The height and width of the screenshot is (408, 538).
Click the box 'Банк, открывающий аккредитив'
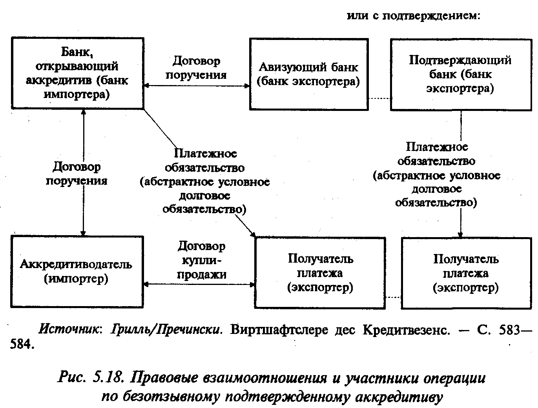[x=77, y=73]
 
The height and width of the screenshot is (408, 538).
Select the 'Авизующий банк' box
[x=308, y=74]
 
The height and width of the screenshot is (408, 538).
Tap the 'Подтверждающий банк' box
[x=460, y=74]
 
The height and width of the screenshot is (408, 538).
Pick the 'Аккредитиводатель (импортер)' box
[x=77, y=271]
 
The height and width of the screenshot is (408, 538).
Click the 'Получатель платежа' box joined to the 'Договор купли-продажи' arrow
[x=320, y=273]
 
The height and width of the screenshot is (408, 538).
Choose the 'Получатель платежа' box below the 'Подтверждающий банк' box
[x=466, y=273]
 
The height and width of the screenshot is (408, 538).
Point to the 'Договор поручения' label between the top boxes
[x=196, y=68]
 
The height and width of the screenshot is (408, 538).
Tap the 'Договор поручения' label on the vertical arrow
[x=76, y=174]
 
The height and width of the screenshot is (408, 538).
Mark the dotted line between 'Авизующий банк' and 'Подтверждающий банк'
[x=379, y=98]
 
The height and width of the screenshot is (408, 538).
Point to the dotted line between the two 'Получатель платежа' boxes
[x=394, y=297]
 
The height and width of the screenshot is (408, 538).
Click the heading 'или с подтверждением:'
[x=414, y=16]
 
